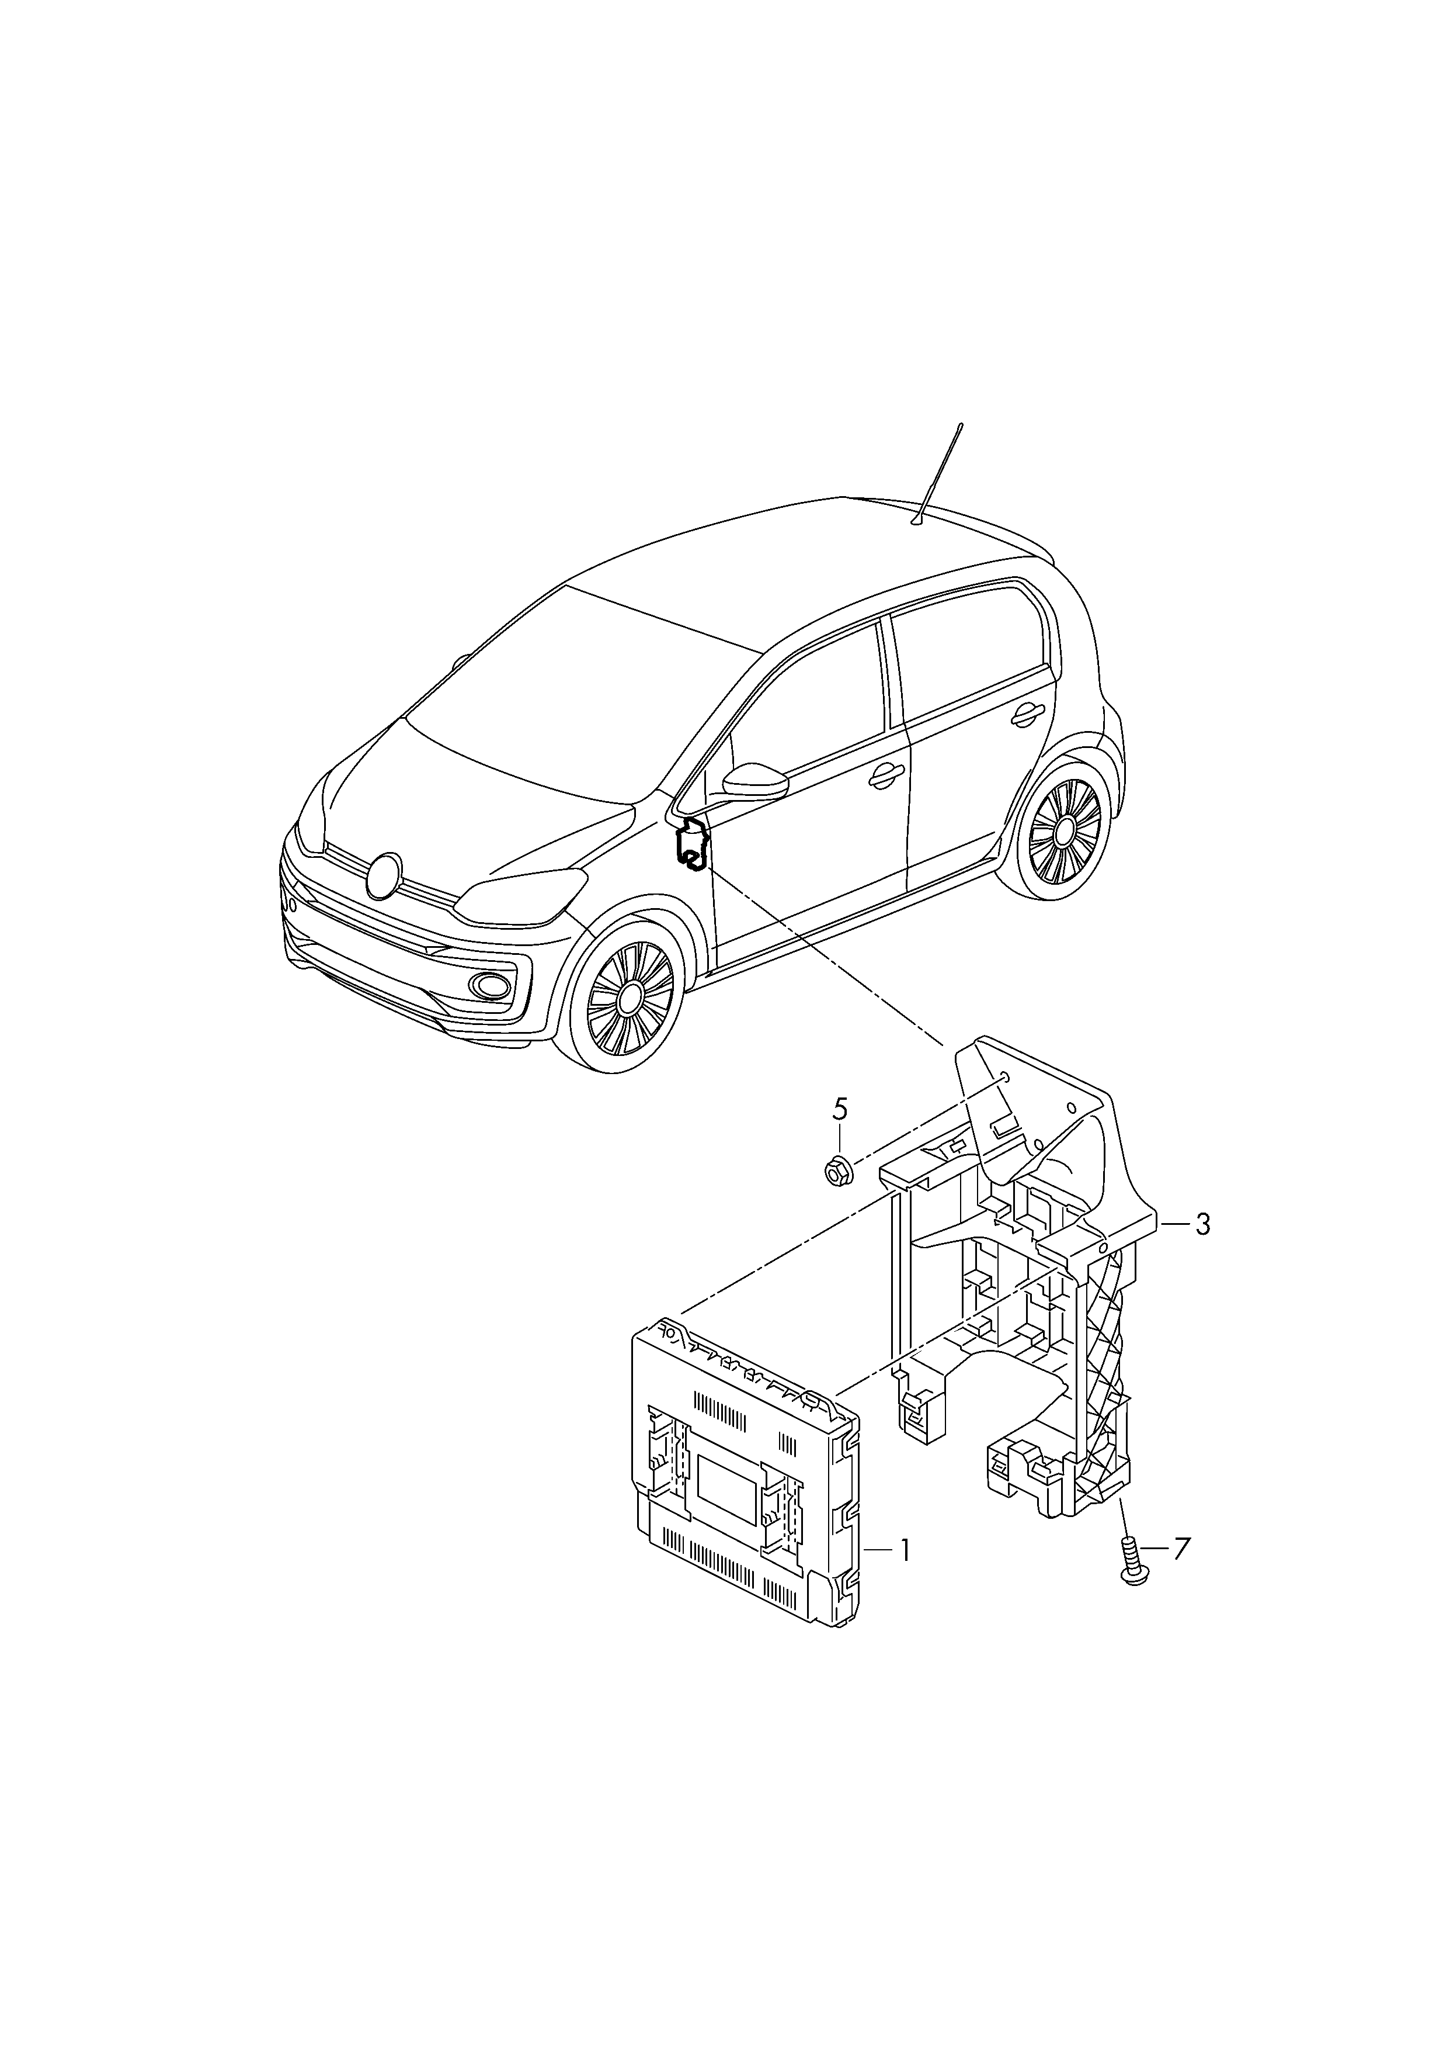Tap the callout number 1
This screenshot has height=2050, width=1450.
tap(905, 1550)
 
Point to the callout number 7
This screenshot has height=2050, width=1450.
tap(1181, 1548)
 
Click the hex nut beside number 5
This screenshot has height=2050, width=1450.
tap(837, 1169)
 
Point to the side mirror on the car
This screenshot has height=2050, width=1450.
tap(754, 779)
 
